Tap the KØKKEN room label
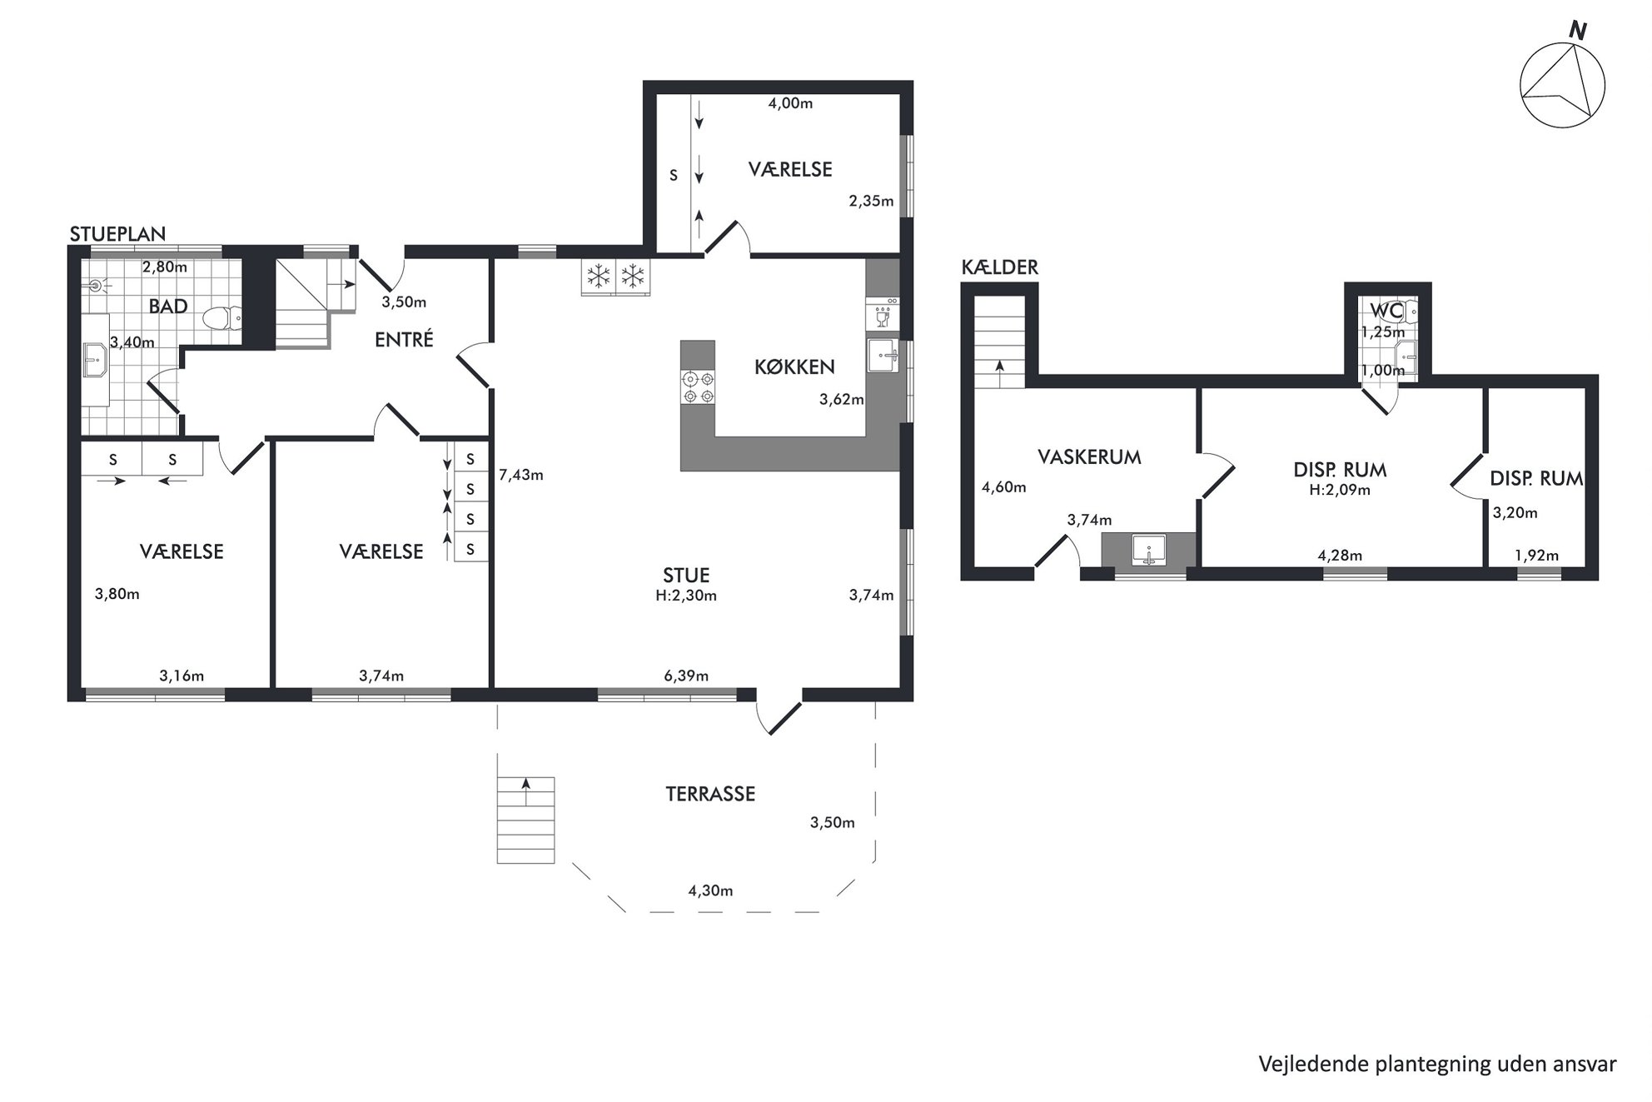tap(794, 367)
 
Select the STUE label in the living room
tap(686, 575)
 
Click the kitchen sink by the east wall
tap(883, 356)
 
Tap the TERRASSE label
tap(710, 794)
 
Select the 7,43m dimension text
tap(520, 475)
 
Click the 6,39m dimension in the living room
tap(686, 676)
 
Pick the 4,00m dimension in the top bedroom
tap(790, 103)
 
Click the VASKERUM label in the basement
tap(1089, 456)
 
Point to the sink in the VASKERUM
tap(1149, 550)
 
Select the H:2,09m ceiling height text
tap(1340, 490)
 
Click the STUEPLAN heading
tap(117, 234)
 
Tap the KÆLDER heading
tap(999, 267)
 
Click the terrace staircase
tap(525, 820)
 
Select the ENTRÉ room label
tap(404, 340)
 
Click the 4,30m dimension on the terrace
tap(710, 890)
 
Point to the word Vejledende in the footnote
tap(1302, 1064)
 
